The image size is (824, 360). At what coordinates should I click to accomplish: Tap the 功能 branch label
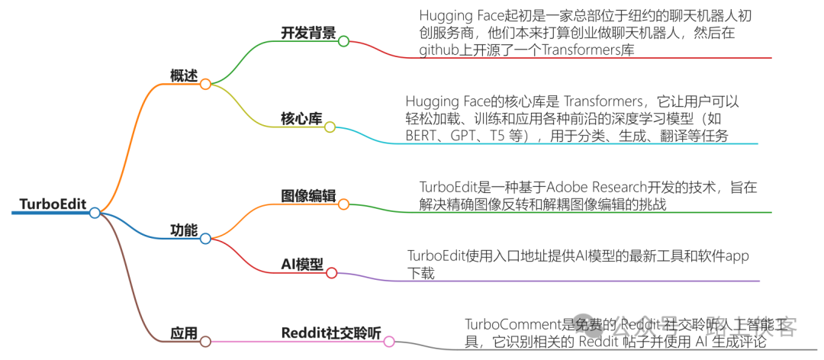(x=183, y=230)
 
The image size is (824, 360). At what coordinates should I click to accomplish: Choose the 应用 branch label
(x=183, y=333)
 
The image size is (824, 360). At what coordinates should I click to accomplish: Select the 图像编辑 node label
(x=308, y=195)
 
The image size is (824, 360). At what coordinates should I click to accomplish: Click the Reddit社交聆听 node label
(x=330, y=333)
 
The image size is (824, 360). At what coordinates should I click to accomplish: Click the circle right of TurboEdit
(x=95, y=213)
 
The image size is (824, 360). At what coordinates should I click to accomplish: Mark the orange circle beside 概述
(x=205, y=85)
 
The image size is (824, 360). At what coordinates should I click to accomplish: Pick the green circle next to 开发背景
(x=343, y=41)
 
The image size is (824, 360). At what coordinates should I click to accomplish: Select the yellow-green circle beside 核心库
(x=330, y=127)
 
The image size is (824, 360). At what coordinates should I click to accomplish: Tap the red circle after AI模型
(x=331, y=273)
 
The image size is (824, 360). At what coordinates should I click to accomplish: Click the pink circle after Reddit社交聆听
(x=389, y=342)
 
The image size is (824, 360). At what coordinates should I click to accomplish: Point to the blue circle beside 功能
(x=205, y=239)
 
